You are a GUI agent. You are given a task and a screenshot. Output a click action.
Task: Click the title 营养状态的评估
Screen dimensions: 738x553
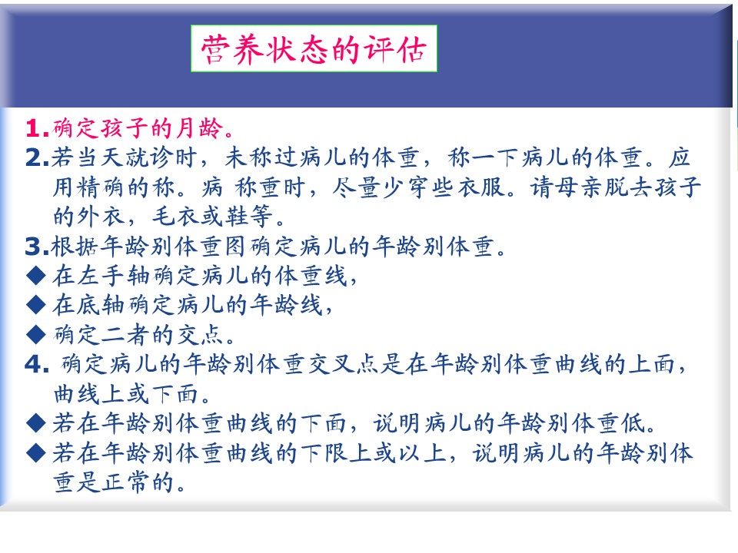(314, 49)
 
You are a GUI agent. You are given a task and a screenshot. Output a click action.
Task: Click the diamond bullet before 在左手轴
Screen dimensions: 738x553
(36, 276)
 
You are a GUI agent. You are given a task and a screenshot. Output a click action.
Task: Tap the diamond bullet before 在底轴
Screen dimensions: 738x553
(36, 305)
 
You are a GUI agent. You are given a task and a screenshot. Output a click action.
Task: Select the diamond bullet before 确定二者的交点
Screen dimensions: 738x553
(36, 335)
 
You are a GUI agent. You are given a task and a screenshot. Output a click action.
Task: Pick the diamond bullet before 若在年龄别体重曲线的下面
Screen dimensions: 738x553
(36, 423)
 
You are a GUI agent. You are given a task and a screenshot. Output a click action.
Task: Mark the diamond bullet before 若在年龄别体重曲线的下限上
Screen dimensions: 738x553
(36, 453)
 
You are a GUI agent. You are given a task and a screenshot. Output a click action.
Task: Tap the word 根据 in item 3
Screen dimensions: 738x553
(75, 247)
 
